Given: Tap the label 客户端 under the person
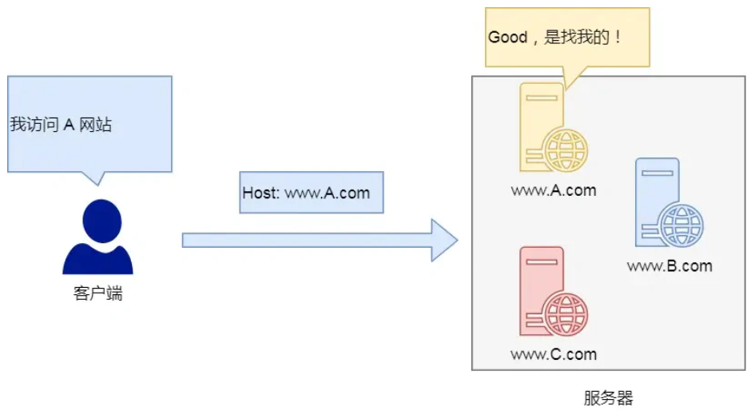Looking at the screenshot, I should coord(97,293).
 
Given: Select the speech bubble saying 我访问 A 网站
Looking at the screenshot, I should coord(89,124).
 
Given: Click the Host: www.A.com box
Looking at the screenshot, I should coord(311,193).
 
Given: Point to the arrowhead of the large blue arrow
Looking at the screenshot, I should coord(443,240).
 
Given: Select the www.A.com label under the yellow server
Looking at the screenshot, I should coord(554,190).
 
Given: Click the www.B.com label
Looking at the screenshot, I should coord(670,266).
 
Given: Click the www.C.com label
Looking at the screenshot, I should coord(554,354).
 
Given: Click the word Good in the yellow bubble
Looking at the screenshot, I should coord(508,38).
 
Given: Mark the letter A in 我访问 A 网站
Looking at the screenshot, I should coord(70,126).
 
